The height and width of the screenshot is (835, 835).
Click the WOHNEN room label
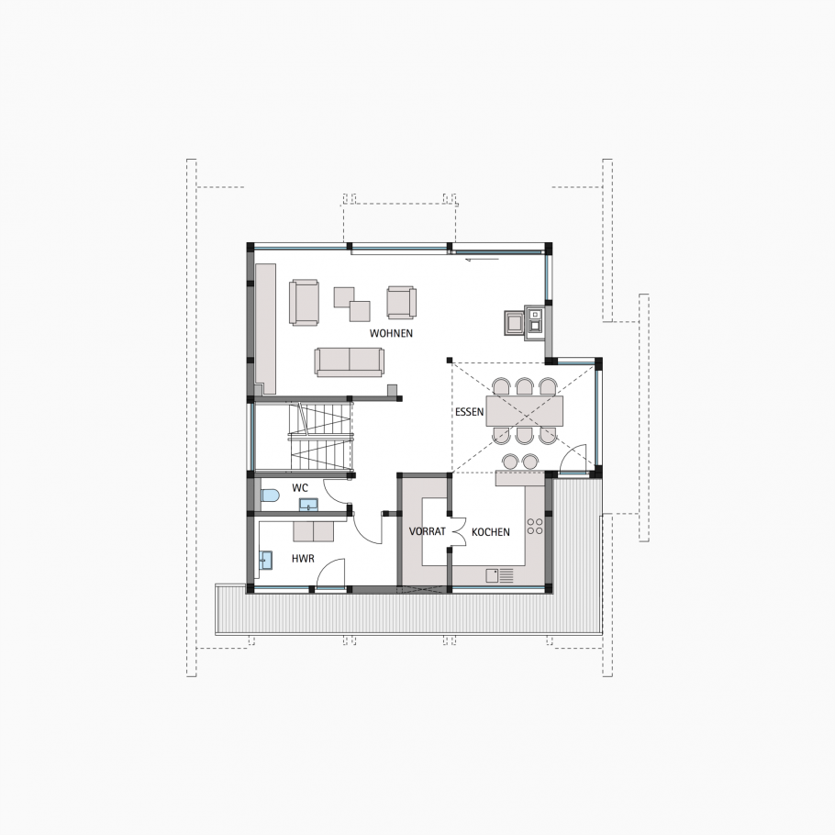click(x=391, y=333)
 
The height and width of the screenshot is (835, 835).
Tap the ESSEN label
click(x=469, y=412)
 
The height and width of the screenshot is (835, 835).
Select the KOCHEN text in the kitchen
click(x=491, y=531)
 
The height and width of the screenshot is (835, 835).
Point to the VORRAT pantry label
click(x=427, y=531)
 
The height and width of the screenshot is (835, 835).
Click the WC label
click(x=300, y=487)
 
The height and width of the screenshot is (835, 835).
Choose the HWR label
click(x=303, y=557)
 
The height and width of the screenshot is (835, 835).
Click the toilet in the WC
click(x=269, y=496)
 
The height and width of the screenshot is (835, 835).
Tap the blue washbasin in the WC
click(x=309, y=504)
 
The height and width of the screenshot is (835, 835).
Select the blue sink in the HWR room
click(x=266, y=560)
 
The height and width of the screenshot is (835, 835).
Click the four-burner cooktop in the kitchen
click(x=533, y=527)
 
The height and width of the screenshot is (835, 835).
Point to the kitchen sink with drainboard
click(x=498, y=575)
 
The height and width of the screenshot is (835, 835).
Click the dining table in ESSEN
click(x=525, y=410)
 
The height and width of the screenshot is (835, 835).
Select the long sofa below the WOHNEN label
click(x=349, y=362)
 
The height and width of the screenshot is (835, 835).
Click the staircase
click(x=320, y=436)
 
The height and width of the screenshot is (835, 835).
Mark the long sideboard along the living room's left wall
click(x=266, y=326)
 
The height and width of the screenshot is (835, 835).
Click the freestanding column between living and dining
click(x=449, y=360)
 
